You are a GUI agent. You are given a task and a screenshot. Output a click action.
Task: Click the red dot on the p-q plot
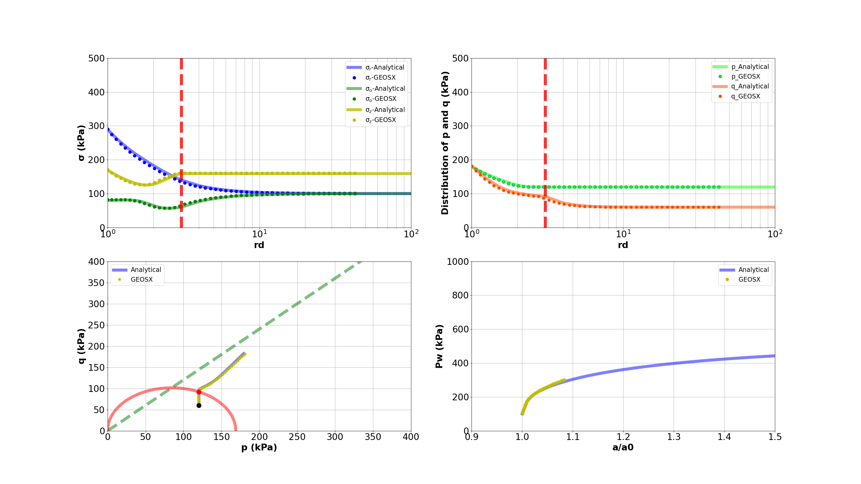(x=199, y=392)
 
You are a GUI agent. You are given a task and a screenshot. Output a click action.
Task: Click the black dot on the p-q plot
(x=199, y=405)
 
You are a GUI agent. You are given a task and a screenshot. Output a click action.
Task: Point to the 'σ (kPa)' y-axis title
(x=81, y=143)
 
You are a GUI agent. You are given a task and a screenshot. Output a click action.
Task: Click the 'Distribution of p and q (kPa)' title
(x=445, y=143)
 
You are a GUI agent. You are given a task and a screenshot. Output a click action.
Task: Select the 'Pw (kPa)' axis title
(x=439, y=346)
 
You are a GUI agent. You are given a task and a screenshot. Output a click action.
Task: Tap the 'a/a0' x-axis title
(x=623, y=447)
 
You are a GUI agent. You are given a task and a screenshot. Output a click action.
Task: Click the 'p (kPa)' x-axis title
(x=259, y=447)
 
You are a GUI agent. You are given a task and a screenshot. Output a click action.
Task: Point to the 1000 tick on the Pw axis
(x=457, y=262)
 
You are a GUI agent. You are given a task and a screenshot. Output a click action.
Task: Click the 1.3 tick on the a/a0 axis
(x=674, y=437)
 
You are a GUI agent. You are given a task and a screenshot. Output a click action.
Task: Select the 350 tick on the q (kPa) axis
(x=96, y=283)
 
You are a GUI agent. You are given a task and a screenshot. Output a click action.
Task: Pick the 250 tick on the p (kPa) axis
(x=297, y=437)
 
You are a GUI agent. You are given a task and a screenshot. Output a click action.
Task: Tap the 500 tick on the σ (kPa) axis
(x=96, y=58)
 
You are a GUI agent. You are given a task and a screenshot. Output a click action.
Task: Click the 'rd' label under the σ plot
(x=259, y=245)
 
